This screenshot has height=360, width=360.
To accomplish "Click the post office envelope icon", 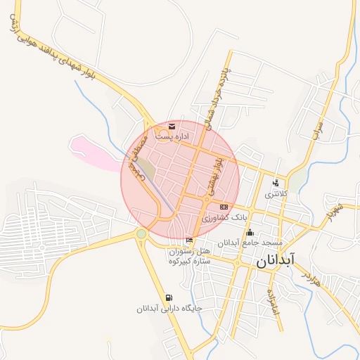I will coord(172,127).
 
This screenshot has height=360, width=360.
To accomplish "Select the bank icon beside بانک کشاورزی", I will coord(224,207).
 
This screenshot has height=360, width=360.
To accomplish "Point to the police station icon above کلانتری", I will coord(276,183).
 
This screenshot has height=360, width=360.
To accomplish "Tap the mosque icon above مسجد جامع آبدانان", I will coord(249,233).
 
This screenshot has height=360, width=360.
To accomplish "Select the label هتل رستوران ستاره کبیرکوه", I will coord(190,256).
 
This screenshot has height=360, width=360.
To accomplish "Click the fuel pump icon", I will coord(168,297).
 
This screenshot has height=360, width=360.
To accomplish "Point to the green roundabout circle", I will coord(141,233).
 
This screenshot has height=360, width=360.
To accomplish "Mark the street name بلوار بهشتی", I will coord(213,175).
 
